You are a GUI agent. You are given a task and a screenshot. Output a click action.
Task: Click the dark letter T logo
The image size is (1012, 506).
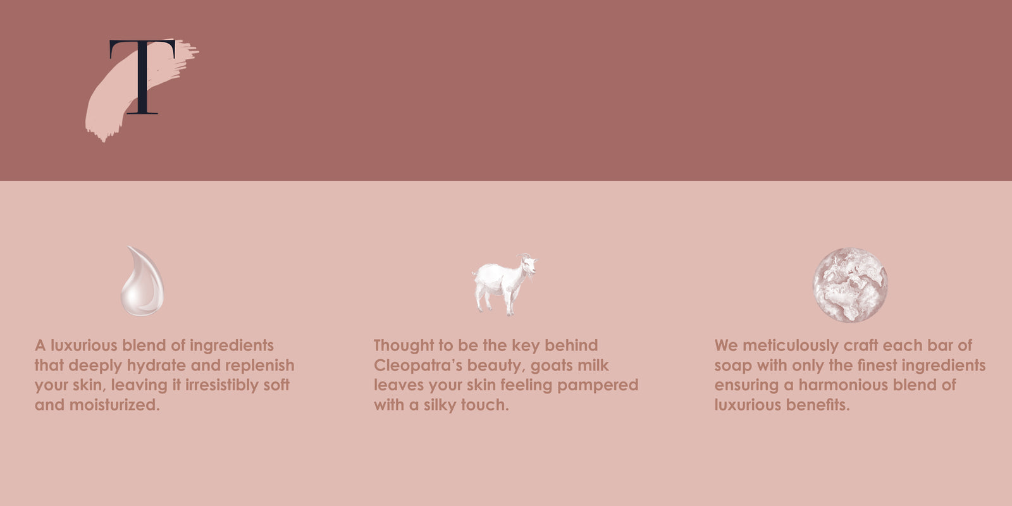pos(142,77)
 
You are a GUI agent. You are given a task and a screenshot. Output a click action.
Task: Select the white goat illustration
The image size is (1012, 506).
pos(505,284)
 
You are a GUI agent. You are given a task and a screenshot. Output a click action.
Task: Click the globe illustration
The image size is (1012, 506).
pos(850,285)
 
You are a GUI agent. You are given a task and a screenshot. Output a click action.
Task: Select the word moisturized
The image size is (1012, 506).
pos(114,405)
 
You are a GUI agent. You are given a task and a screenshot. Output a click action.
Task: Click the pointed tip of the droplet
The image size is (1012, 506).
pos(128,247)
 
